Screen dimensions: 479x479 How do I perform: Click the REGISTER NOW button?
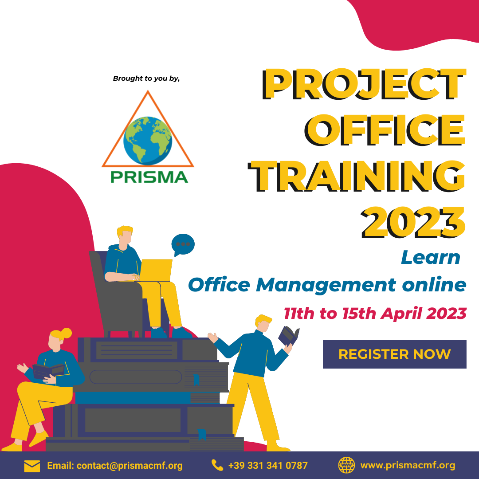point(394,354)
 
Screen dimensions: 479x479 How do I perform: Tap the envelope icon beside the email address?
point(32,466)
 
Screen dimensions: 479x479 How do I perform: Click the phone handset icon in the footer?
point(217,465)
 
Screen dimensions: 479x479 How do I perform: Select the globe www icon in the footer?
point(346,465)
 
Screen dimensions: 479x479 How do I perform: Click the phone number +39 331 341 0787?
point(268,465)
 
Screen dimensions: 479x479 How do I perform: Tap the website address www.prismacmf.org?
point(408,465)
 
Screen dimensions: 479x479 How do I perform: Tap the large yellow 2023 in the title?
point(413,222)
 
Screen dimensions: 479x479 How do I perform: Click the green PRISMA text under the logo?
point(149,177)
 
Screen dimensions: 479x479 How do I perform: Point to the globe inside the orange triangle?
point(148,141)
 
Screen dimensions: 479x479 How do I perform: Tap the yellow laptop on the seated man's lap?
point(155,271)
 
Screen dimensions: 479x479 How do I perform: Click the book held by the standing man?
point(288,336)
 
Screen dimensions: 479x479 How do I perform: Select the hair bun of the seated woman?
point(66,333)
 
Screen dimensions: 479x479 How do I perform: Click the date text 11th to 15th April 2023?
point(375,314)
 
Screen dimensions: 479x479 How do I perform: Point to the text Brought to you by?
point(146,79)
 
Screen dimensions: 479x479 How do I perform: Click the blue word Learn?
point(430,257)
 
